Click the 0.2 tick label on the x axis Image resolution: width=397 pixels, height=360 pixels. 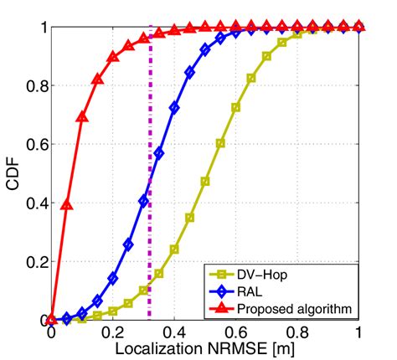(x=113, y=332)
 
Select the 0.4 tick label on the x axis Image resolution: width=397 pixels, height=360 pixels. (x=174, y=332)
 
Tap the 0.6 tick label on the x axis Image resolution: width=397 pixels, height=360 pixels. (x=236, y=332)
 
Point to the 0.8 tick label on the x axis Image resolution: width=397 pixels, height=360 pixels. (x=297, y=332)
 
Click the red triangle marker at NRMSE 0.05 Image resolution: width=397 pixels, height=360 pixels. (x=67, y=205)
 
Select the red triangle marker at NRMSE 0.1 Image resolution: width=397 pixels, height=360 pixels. (x=82, y=117)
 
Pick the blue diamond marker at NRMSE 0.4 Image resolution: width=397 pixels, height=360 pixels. (x=174, y=108)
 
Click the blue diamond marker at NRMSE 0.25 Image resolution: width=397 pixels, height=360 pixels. (x=128, y=244)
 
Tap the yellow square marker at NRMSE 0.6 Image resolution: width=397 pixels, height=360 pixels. (x=236, y=107)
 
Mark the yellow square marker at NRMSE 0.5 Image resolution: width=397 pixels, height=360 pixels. (x=205, y=182)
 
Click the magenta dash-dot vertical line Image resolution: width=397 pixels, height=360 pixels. (x=150, y=209)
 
